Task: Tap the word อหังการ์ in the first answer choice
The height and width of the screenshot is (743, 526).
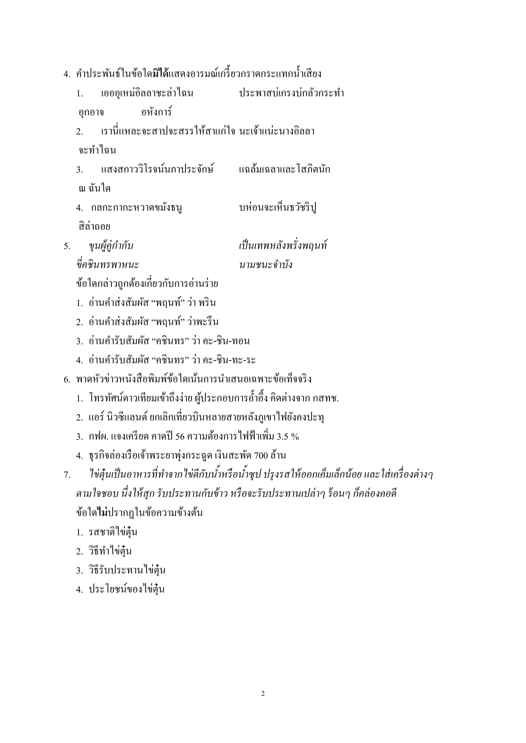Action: click(156, 113)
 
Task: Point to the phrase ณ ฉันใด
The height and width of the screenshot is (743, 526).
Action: click(95, 189)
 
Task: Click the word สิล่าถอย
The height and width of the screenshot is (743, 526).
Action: click(94, 227)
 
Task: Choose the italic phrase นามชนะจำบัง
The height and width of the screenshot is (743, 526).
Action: click(266, 265)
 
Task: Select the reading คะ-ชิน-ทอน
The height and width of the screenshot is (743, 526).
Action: click(226, 341)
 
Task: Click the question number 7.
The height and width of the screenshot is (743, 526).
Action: click(67, 475)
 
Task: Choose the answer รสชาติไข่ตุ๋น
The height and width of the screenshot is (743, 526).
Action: click(113, 532)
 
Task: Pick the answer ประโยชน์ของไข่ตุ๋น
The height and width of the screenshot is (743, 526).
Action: click(127, 589)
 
